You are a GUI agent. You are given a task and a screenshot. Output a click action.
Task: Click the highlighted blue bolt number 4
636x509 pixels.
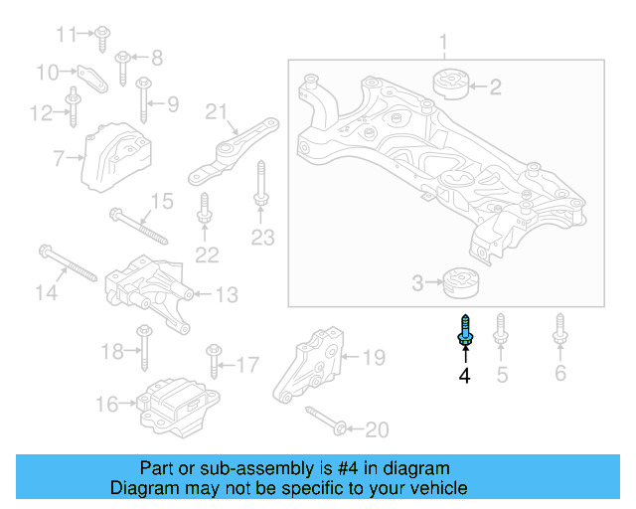(x=464, y=331)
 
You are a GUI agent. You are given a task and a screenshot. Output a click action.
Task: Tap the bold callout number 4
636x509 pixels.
(x=464, y=376)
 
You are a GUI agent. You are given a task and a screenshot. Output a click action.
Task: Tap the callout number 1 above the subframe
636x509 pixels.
(x=444, y=43)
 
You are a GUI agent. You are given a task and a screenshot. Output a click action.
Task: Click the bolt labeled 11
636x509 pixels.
(x=103, y=37)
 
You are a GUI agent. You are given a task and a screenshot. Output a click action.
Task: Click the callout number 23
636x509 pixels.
(x=261, y=238)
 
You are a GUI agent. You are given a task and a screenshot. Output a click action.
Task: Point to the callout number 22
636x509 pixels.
(x=206, y=254)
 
